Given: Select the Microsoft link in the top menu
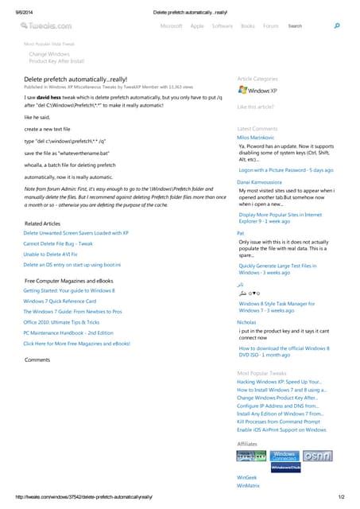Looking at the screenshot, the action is tap(171, 26).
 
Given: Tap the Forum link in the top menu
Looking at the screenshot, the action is tap(271, 26).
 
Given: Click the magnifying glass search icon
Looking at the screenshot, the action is tap(337, 26).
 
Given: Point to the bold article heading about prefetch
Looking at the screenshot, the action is tap(75, 80).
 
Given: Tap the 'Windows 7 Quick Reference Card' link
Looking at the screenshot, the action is tap(60, 301).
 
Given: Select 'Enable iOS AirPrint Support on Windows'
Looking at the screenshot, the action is tap(281, 429).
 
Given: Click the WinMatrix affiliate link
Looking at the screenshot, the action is tap(248, 484).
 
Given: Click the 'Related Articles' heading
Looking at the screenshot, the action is tap(42, 223).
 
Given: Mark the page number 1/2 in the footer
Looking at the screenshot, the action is tap(340, 497).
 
